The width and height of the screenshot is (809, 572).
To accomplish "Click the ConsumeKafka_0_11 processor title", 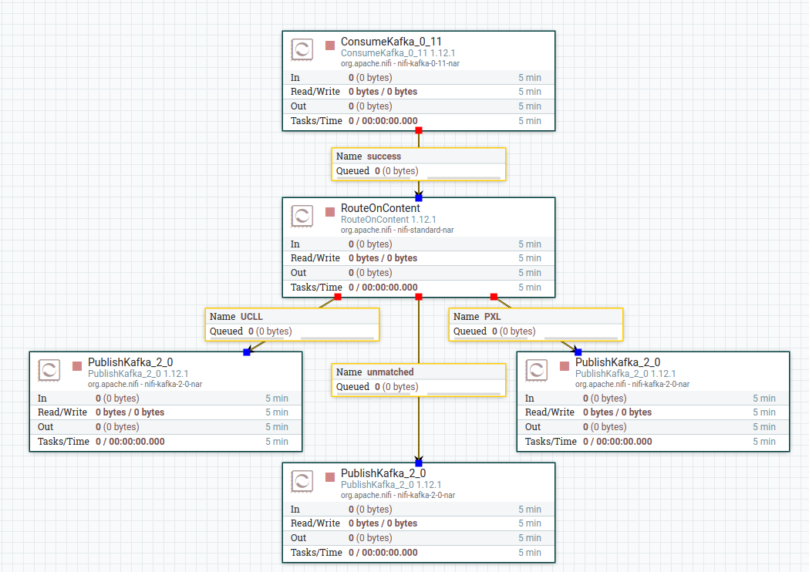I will (x=391, y=42).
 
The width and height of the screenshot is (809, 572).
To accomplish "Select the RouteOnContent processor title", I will (x=380, y=208).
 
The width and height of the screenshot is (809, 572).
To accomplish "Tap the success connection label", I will (x=383, y=156).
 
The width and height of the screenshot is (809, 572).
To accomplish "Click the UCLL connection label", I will (x=251, y=317).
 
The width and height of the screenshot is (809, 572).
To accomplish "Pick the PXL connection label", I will (x=492, y=317).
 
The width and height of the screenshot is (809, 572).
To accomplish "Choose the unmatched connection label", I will (x=390, y=372).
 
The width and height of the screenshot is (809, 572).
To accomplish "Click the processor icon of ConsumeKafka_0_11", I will (x=302, y=49).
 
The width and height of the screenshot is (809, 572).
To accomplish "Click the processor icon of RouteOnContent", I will (x=302, y=216).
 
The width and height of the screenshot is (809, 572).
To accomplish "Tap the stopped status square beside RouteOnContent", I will (x=330, y=211).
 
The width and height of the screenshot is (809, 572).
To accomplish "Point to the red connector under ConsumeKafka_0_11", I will (x=419, y=130).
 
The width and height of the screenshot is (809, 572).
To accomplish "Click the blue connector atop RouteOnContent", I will (x=419, y=198).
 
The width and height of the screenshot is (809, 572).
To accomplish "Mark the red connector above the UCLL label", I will (x=338, y=297).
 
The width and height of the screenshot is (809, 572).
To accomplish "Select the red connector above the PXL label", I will (x=494, y=297).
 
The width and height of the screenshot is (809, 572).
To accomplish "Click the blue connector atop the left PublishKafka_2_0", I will (x=247, y=352).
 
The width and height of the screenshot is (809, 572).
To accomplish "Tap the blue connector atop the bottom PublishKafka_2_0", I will (x=419, y=463).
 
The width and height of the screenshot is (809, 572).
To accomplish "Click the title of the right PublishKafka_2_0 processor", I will (x=618, y=362).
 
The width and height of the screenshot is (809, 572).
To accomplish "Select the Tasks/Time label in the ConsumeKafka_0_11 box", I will (x=316, y=121).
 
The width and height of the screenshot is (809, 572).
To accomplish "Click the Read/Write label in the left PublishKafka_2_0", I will (x=62, y=412).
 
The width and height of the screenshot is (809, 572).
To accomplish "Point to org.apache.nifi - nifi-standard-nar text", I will (x=396, y=230).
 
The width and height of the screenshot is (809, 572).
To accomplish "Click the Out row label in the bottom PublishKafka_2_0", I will (x=298, y=538).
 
